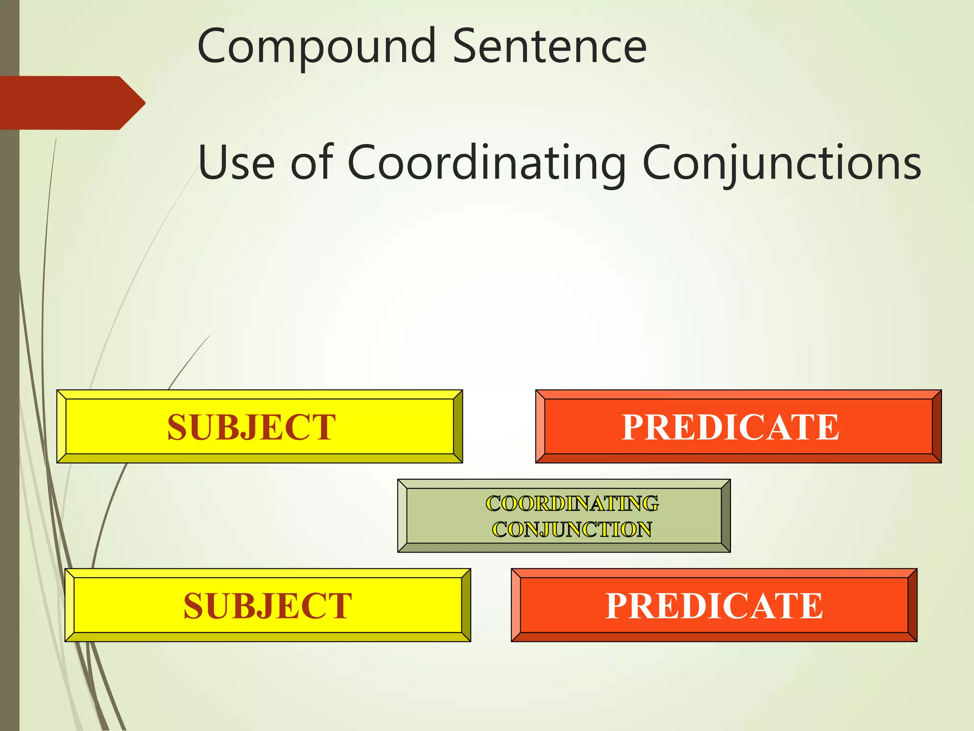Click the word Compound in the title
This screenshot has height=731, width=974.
316,47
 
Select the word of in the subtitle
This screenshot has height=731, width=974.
312,163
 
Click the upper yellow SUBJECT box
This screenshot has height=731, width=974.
260,426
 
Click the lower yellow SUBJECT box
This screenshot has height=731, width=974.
267,605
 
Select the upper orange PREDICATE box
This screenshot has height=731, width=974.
738,426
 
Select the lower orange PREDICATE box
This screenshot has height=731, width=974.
714,605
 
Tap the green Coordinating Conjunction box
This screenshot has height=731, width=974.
564,516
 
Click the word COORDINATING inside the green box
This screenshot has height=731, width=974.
572,504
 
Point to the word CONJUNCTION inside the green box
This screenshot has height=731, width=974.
572,530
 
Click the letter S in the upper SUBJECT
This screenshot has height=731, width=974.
177,427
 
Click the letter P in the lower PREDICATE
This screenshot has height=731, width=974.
617,605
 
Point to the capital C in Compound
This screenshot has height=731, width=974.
211,47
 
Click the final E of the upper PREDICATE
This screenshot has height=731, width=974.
827,427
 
